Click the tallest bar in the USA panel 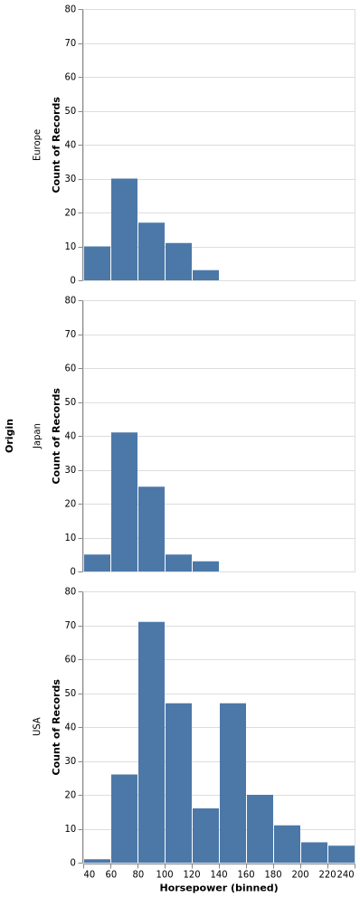click(x=151, y=741)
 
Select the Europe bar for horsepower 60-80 click(x=124, y=229)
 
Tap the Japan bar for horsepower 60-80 click(x=124, y=502)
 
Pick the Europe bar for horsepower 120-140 click(x=205, y=275)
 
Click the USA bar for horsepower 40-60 click(x=97, y=861)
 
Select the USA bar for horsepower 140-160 click(x=232, y=782)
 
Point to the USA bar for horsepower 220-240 click(x=341, y=854)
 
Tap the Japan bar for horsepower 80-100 click(x=151, y=529)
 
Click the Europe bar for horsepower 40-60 click(x=97, y=263)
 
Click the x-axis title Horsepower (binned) click(x=218, y=888)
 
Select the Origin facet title click(x=10, y=435)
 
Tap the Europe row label click(x=37, y=145)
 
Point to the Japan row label click(x=37, y=436)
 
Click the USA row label click(x=37, y=726)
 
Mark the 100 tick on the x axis click(x=165, y=874)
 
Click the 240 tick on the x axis click(x=346, y=874)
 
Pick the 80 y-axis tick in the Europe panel click(x=71, y=9)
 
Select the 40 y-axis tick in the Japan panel click(x=71, y=436)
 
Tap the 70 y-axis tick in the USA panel click(x=71, y=626)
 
